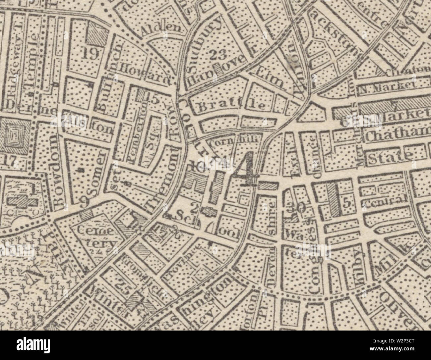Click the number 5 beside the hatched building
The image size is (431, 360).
(x=347, y=204)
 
